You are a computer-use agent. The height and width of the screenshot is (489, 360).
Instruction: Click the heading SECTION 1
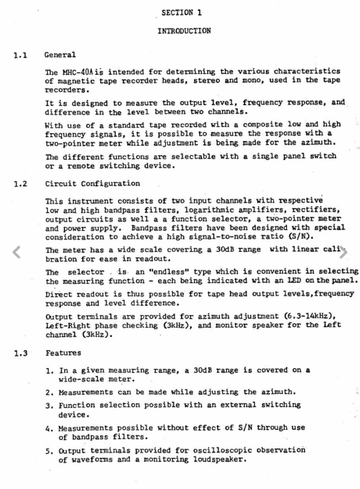[181, 12]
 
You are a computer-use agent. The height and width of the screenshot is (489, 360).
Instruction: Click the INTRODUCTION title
[184, 31]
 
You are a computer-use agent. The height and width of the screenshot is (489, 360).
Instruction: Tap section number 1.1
[21, 55]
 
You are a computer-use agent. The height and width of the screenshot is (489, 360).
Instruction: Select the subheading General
[60, 55]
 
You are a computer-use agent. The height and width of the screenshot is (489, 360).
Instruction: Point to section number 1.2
[21, 184]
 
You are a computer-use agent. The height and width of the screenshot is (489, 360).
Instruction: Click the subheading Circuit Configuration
[93, 184]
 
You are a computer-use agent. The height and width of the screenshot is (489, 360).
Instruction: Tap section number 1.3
[21, 353]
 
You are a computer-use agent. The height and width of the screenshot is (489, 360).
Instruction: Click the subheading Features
[63, 353]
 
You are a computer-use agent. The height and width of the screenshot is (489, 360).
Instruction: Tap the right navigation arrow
[344, 252]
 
